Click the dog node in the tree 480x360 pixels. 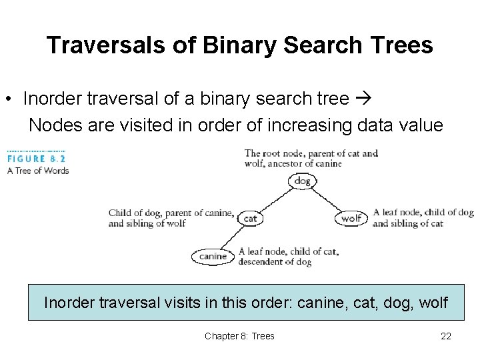point(302,181)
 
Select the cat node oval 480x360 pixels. point(251,218)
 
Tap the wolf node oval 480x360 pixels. point(351,218)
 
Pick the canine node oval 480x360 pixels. point(213,256)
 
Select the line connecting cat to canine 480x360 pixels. point(233,237)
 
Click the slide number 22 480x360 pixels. point(446,336)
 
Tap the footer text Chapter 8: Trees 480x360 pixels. point(239,336)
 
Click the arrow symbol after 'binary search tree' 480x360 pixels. point(363,99)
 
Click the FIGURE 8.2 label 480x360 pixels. point(37,159)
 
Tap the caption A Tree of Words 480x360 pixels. point(38,171)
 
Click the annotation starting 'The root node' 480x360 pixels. point(311,158)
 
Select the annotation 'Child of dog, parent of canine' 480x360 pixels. point(171,218)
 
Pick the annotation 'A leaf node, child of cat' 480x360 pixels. point(288,257)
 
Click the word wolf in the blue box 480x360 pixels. point(433,303)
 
